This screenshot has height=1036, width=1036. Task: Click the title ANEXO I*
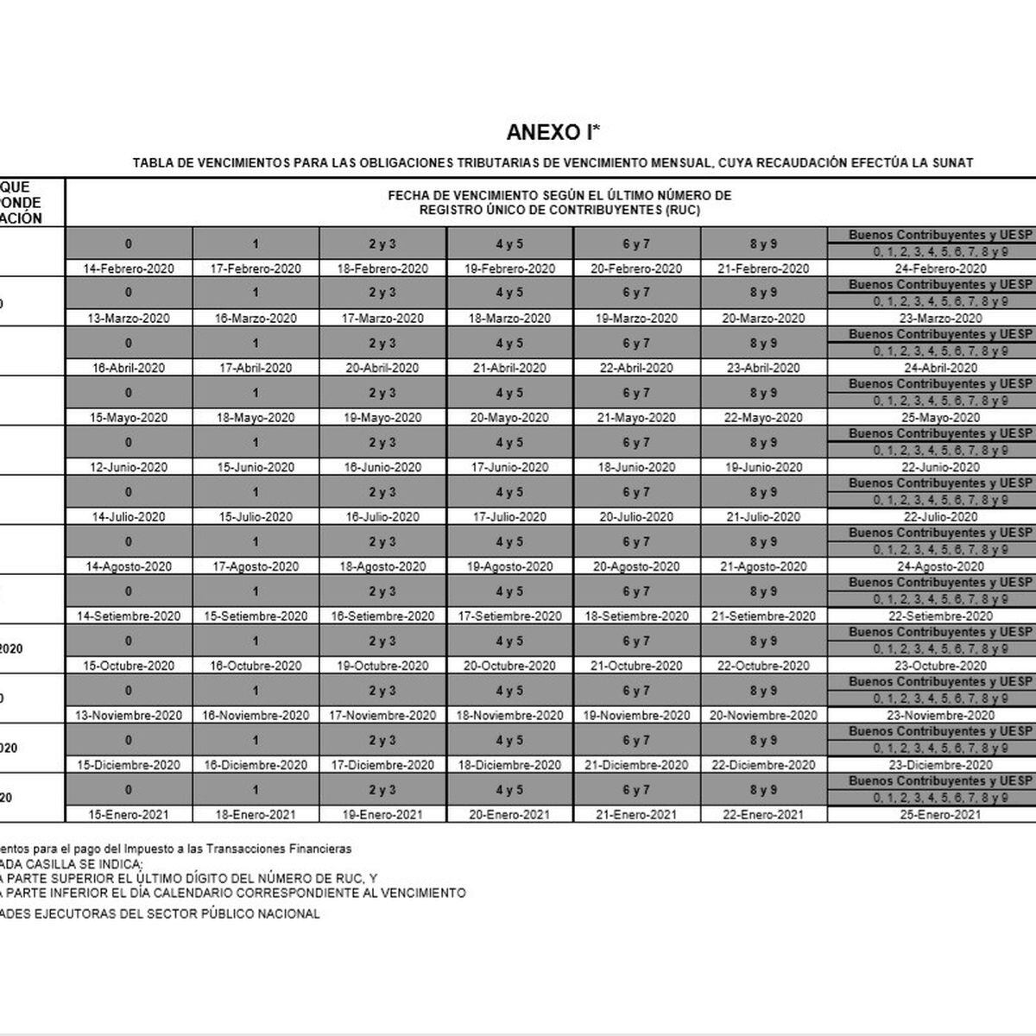[553, 132]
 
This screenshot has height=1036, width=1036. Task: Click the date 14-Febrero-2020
[129, 268]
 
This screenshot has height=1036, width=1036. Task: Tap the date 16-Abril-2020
[129, 368]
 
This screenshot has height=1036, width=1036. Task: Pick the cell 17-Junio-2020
[509, 467]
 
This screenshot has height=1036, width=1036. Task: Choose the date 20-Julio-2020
[636, 517]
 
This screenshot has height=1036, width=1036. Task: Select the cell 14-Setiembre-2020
[129, 616]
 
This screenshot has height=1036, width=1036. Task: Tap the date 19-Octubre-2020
[382, 666]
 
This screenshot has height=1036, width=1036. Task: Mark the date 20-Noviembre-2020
[763, 716]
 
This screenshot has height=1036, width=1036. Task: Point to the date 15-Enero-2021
[129, 815]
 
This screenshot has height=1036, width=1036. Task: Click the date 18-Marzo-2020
[509, 319]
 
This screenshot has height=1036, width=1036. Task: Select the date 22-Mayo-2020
[763, 418]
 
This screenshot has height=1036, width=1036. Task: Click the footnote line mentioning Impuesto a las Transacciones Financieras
[176, 850]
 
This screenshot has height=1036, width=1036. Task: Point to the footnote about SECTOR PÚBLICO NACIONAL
[160, 913]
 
